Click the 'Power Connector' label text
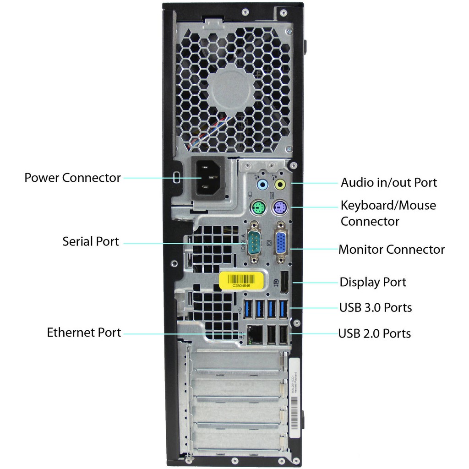click(72, 178)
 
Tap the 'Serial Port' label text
click(91, 241)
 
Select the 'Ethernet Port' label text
click(84, 333)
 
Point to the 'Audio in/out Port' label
click(388, 183)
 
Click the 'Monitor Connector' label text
click(391, 250)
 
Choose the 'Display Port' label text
click(372, 282)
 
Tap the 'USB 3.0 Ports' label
click(375, 307)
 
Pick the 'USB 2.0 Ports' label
click(374, 333)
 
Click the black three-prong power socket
click(207, 178)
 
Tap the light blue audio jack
click(262, 185)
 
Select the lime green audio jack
click(280, 185)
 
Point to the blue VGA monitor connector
click(281, 243)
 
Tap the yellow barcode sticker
click(242, 280)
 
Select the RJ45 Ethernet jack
click(255, 335)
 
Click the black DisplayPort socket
click(284, 283)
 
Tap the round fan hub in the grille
click(231, 88)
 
